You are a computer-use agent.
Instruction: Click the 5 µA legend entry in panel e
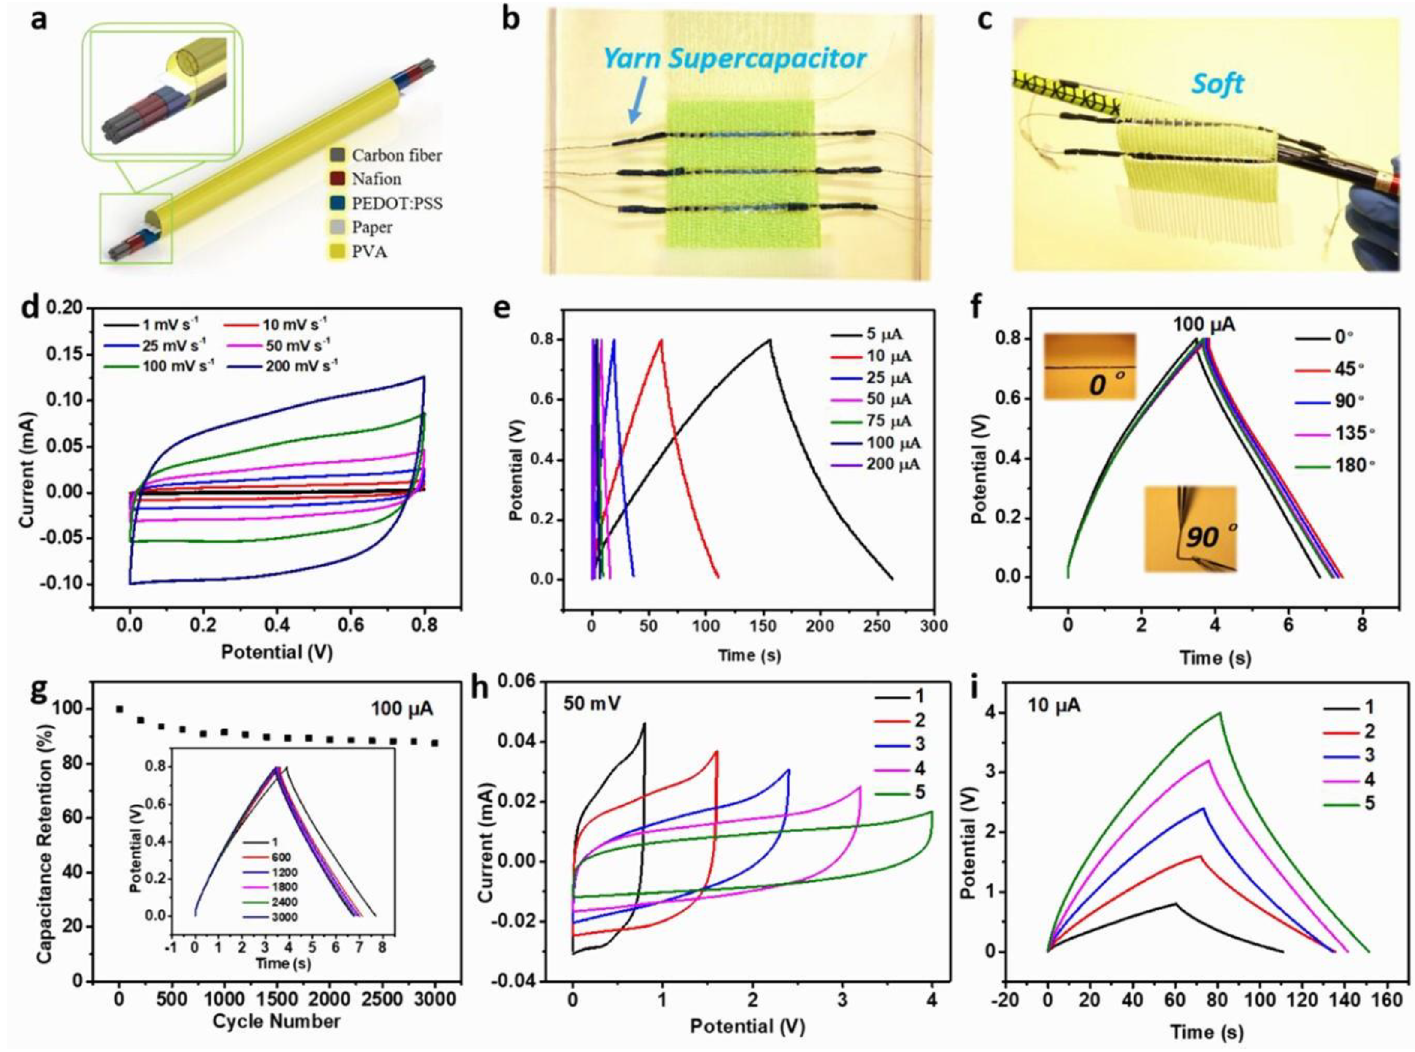tap(886, 335)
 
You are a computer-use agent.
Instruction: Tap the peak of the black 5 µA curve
tap(769, 339)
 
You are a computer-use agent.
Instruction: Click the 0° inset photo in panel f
tap(1089, 366)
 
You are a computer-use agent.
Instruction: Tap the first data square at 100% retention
tap(119, 709)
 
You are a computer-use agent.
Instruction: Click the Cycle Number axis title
tap(276, 1022)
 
